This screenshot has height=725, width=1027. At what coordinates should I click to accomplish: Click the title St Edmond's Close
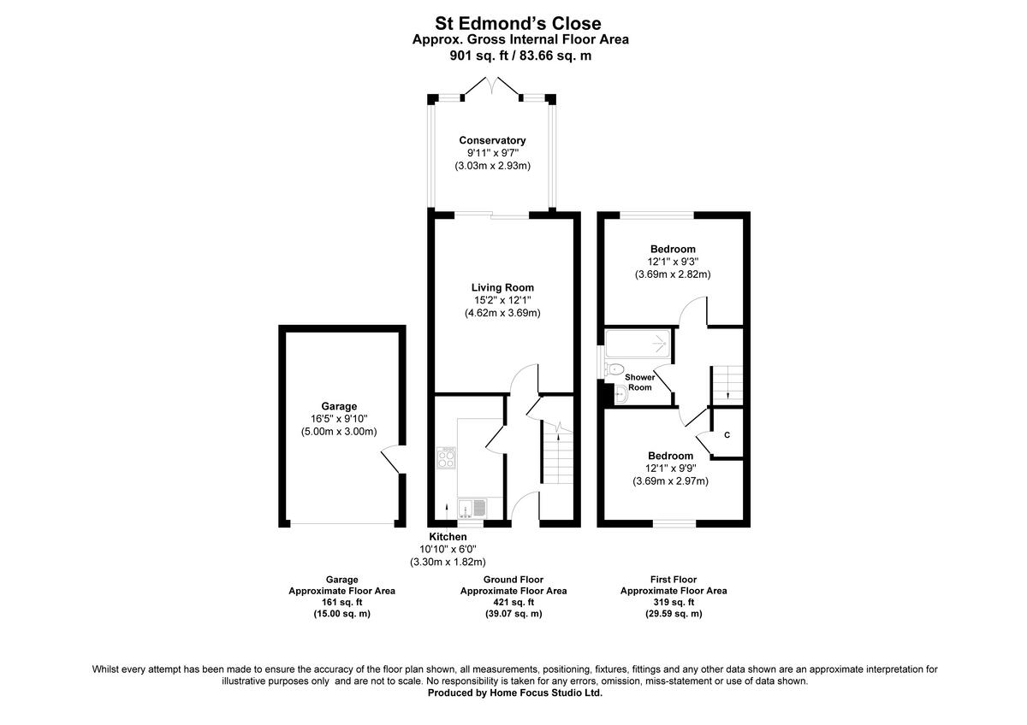513,23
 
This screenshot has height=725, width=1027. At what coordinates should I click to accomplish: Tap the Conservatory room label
492,140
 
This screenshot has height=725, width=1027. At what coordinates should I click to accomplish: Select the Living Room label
502,287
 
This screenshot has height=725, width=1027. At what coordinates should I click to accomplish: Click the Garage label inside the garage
339,406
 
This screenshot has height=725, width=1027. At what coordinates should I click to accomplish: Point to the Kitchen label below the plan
448,536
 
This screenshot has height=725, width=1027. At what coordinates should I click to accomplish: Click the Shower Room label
639,382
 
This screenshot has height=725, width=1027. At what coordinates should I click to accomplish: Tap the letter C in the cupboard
727,436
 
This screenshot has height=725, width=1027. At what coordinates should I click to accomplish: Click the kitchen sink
472,509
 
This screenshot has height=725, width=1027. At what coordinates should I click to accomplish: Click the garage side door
390,460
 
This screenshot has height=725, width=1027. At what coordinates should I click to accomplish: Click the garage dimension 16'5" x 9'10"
339,419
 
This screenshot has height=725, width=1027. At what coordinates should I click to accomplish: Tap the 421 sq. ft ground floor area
513,602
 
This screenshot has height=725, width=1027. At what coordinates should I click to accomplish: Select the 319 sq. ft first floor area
673,602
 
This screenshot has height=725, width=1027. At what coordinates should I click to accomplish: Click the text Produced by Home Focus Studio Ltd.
514,693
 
